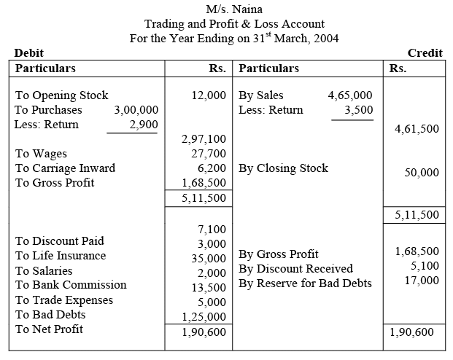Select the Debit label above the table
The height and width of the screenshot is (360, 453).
click(29, 53)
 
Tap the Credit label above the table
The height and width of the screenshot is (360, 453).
click(425, 53)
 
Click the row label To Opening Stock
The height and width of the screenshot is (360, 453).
click(61, 95)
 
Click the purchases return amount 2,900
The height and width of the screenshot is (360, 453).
click(143, 125)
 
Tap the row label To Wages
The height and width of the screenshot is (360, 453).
click(41, 154)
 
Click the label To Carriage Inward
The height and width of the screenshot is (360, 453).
click(65, 168)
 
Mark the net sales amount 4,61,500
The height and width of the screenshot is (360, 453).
click(417, 128)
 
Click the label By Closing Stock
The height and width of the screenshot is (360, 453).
click(283, 168)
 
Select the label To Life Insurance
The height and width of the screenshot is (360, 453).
click(61, 256)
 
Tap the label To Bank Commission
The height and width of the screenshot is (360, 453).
click(71, 285)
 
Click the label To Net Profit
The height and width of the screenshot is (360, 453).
click(49, 329)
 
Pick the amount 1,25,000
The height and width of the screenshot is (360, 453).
click(204, 317)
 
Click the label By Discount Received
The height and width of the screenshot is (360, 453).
click(295, 269)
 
